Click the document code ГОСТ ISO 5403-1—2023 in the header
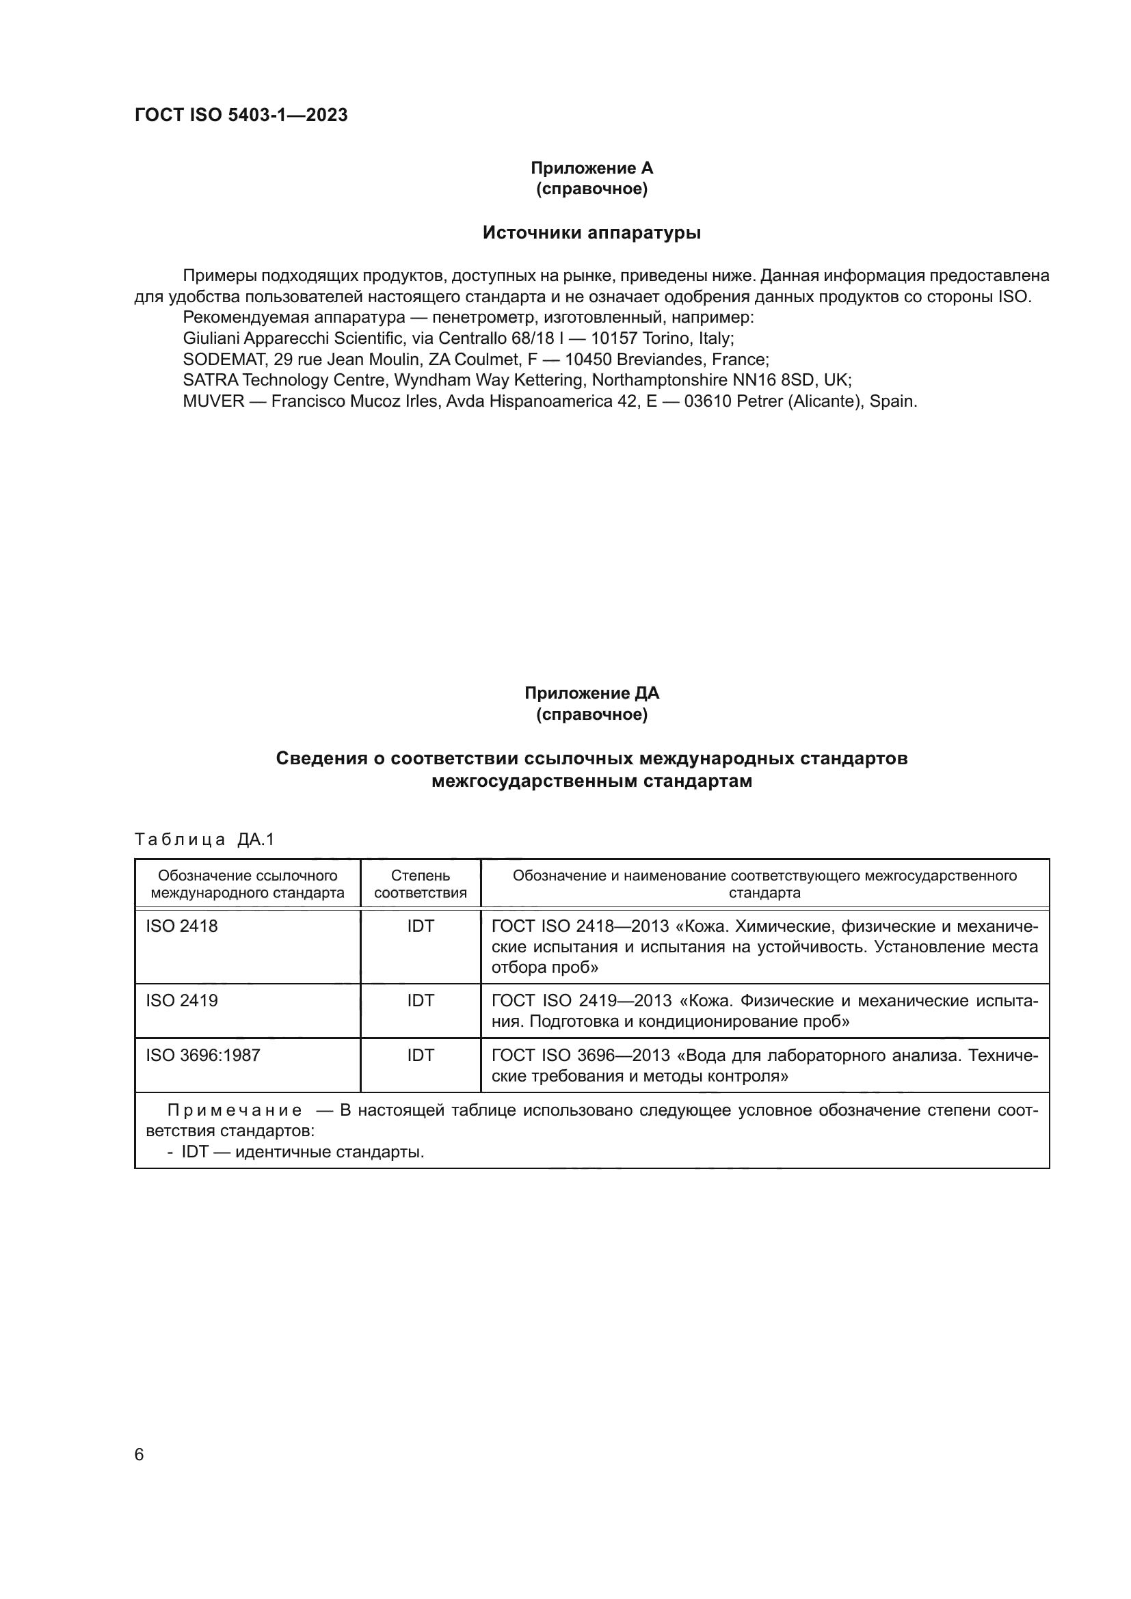point(241,115)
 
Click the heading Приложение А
point(591,168)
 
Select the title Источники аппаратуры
point(591,232)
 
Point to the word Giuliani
point(211,338)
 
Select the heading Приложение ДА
point(591,693)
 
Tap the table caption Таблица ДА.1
point(204,840)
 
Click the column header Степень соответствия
point(420,884)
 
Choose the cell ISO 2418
point(182,926)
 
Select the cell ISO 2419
point(182,1001)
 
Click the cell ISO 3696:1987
point(202,1055)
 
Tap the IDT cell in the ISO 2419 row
point(420,1001)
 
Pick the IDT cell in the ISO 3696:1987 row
point(420,1055)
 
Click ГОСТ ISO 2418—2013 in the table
point(580,926)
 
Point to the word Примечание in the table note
point(235,1110)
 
